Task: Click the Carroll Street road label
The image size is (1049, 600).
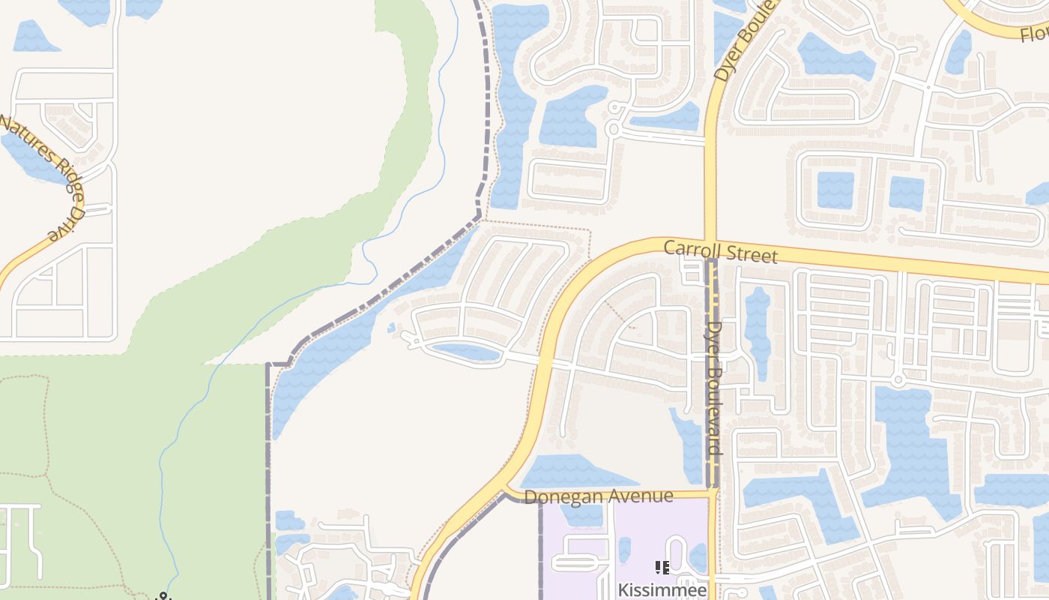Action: click(721, 251)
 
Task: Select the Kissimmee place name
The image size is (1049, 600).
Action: click(662, 590)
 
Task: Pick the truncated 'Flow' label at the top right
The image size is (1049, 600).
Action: click(1034, 33)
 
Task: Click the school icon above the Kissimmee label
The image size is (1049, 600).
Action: click(662, 568)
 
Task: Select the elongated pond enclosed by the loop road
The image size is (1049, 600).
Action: click(465, 351)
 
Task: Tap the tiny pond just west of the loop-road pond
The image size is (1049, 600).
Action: click(391, 328)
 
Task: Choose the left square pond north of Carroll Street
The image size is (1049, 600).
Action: click(835, 190)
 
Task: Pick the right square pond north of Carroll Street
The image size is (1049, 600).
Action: click(906, 193)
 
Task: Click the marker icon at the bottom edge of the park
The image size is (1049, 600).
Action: click(163, 596)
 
